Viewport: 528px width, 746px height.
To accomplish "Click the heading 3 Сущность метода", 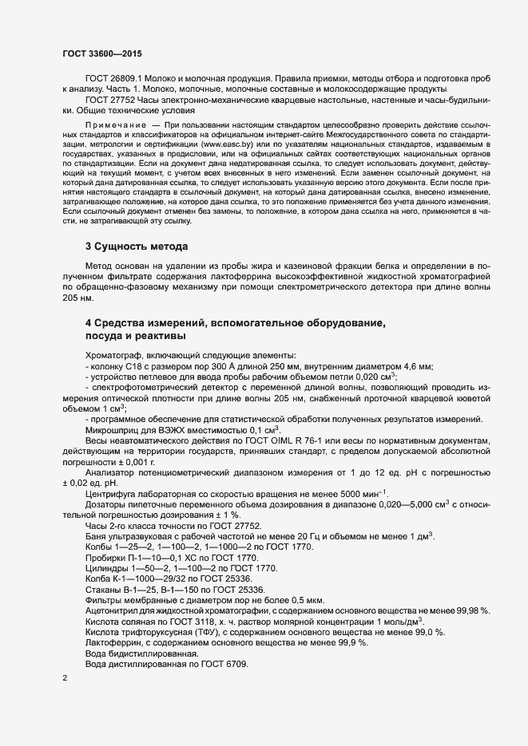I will point(137,246).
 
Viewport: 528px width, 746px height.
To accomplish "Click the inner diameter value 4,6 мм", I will point(415,366).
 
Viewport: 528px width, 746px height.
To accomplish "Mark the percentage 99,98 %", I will point(469,610).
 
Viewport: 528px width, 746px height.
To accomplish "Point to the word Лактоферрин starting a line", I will point(114,642).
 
